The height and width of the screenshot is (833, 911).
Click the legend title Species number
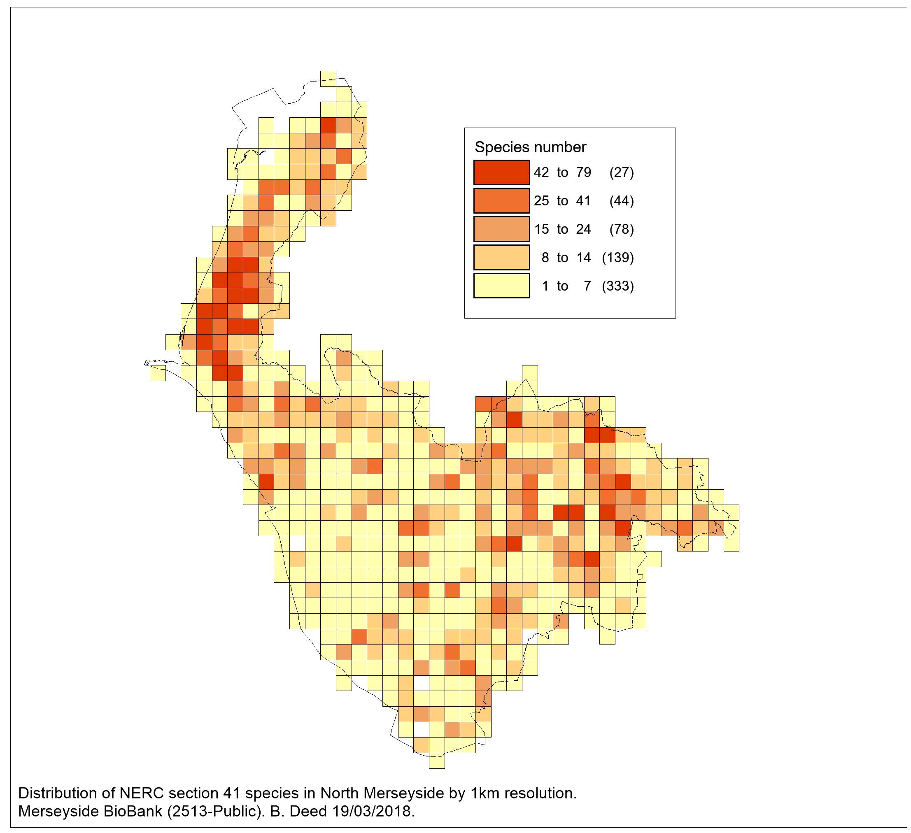click(x=530, y=147)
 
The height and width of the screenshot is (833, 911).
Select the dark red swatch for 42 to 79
click(x=501, y=172)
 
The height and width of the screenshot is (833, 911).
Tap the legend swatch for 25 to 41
click(x=501, y=200)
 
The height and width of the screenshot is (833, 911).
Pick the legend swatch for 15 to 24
click(x=501, y=229)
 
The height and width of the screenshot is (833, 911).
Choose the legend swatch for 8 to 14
click(x=501, y=258)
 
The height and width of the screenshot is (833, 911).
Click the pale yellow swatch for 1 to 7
click(x=501, y=286)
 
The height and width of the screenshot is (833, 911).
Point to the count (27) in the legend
click(x=621, y=172)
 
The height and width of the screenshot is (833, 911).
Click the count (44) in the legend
click(x=621, y=200)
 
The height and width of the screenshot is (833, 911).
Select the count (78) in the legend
click(x=621, y=229)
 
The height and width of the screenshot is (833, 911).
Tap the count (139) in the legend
click(x=618, y=258)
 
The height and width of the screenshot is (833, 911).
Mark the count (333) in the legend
click(x=618, y=286)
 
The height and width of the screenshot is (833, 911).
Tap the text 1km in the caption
click(x=474, y=793)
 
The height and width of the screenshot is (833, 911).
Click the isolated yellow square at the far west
click(x=158, y=373)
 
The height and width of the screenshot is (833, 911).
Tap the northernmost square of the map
click(x=328, y=79)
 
